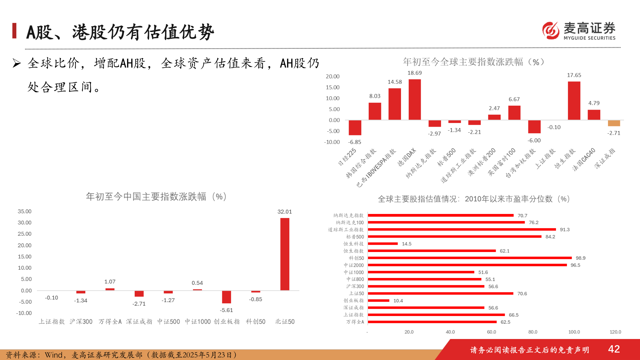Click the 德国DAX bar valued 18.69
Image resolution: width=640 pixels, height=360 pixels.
414,99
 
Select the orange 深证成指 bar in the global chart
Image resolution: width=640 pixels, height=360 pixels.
614,123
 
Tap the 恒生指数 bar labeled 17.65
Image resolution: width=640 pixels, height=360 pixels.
574,100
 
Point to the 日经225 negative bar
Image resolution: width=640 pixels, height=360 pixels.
355,127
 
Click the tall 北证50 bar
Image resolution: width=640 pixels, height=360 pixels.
285,254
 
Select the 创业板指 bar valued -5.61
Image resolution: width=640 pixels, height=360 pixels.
226,297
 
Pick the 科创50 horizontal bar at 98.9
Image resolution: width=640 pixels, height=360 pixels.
470,258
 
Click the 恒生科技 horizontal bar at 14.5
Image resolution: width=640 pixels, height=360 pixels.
383,244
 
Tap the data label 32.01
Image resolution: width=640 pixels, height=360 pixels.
284,212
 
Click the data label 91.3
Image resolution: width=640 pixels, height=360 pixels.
565,230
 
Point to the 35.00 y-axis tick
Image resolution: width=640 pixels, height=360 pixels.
25,211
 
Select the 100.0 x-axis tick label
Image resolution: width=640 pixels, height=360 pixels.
574,332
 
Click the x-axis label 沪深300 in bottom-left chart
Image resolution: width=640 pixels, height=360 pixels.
81,322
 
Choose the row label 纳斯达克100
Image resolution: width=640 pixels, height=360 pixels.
350,223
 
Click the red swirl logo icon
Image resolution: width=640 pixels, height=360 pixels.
551,31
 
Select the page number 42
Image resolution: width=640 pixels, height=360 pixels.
614,349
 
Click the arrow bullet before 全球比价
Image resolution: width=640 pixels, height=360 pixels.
17,63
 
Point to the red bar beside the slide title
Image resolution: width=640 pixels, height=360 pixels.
14,31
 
